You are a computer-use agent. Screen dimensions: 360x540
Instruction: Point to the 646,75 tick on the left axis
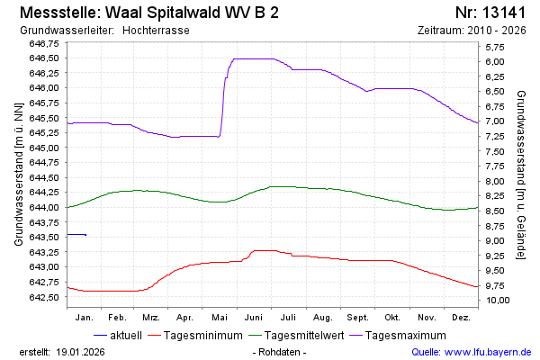44,43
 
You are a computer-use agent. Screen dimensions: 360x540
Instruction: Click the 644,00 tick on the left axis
44,207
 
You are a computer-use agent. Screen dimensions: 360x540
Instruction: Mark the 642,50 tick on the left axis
44,297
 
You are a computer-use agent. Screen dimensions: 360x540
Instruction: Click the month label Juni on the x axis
253,318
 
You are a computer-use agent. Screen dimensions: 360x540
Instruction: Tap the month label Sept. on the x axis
357,318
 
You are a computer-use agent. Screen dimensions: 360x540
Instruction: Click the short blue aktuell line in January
76,234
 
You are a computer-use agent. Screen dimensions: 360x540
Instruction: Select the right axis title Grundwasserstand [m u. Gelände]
521,174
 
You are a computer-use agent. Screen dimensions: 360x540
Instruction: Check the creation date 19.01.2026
82,351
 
